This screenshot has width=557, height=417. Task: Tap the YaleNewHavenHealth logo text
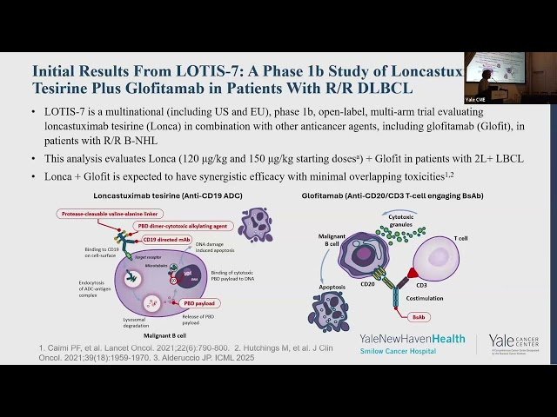click(412, 338)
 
